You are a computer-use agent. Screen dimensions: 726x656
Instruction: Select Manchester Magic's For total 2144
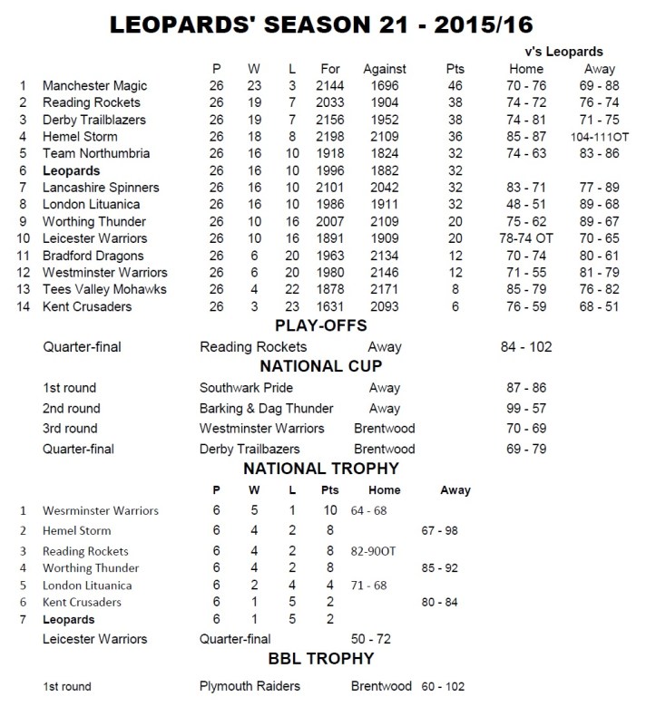pyautogui.click(x=329, y=86)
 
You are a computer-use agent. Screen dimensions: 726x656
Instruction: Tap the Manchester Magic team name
pyautogui.click(x=93, y=86)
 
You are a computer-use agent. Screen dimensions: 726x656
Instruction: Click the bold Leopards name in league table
pyautogui.click(x=71, y=170)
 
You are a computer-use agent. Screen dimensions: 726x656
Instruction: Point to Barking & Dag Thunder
pyautogui.click(x=266, y=408)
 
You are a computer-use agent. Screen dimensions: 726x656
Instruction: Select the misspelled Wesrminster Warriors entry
pyautogui.click(x=100, y=511)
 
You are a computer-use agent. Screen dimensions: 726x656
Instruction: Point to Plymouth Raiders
pyautogui.click(x=249, y=686)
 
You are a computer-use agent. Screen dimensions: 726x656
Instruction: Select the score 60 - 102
pyautogui.click(x=441, y=686)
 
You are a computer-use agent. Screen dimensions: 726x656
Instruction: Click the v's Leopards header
pyautogui.click(x=563, y=53)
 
